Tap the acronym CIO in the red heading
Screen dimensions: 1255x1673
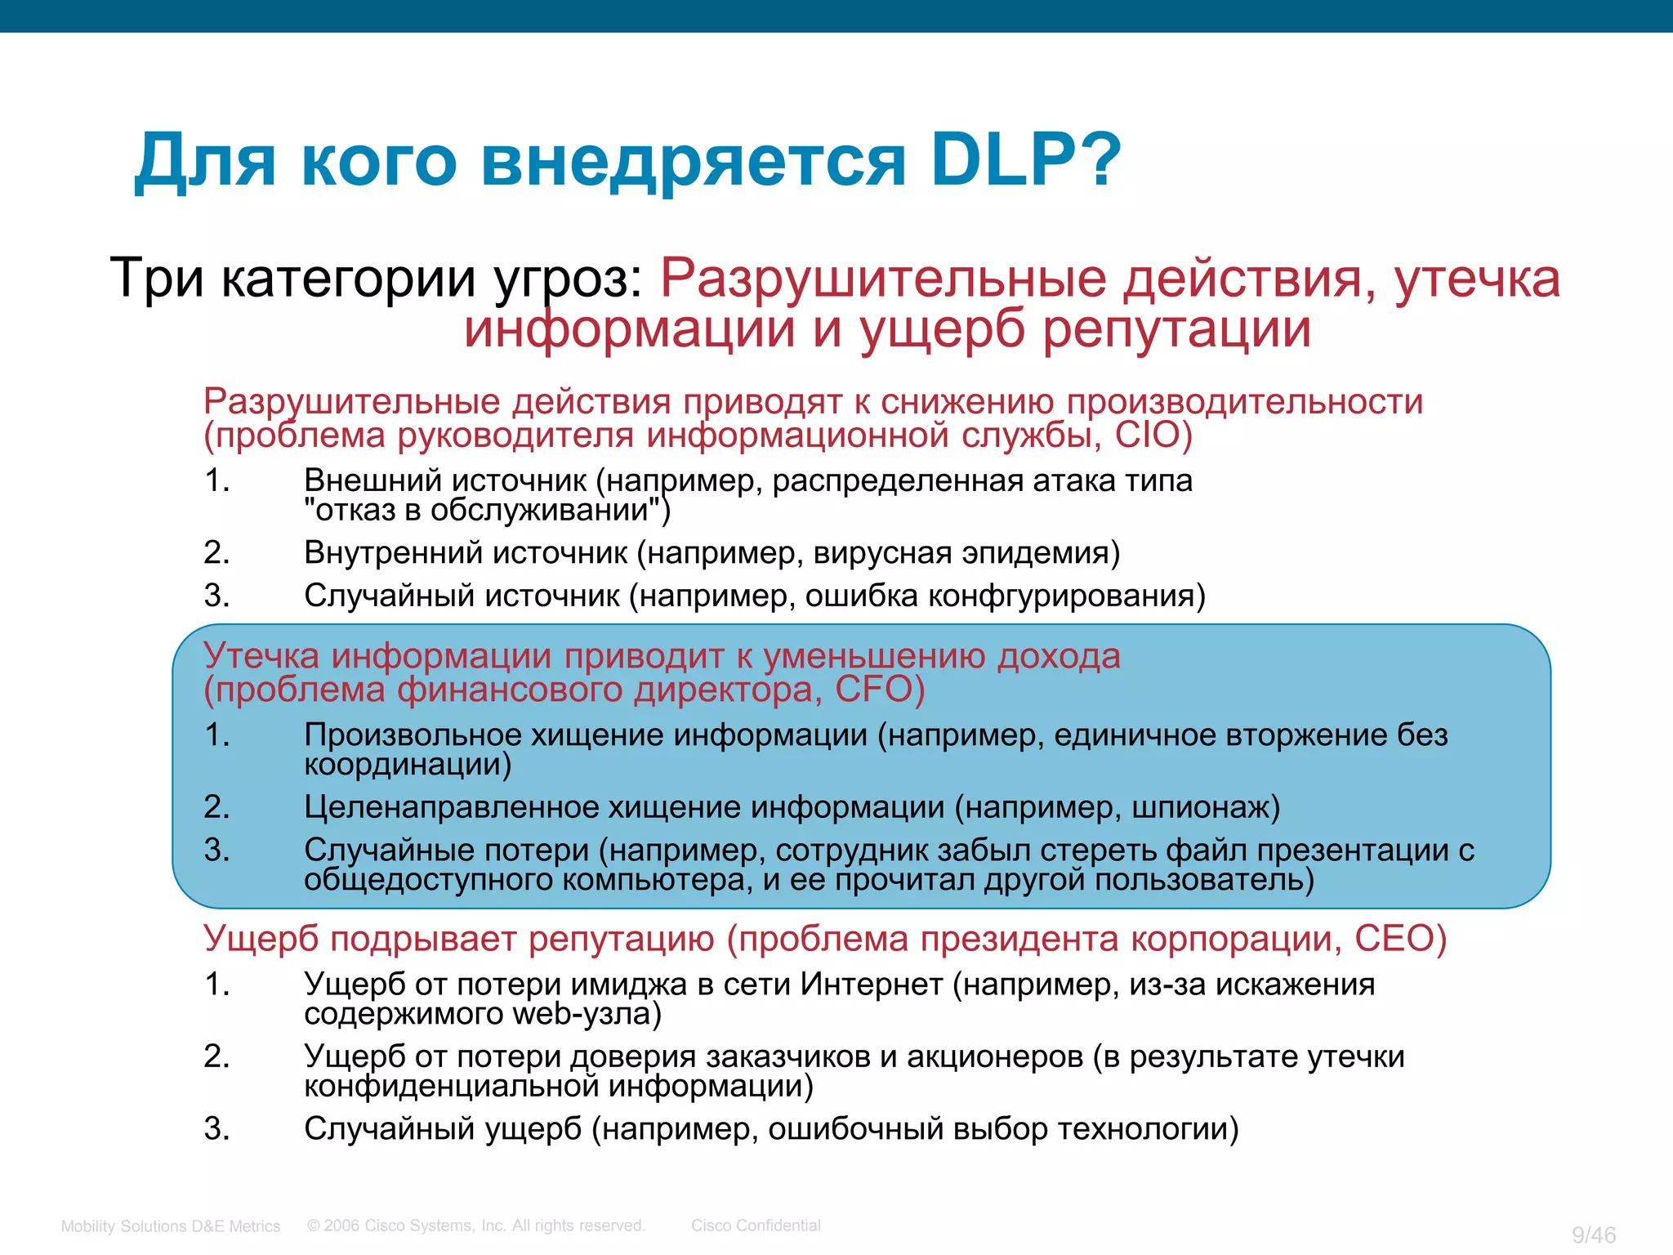(x=1147, y=435)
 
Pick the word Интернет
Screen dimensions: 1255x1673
(x=871, y=985)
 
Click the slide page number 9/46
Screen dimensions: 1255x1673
(x=1594, y=1235)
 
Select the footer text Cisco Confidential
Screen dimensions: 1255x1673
(x=756, y=1226)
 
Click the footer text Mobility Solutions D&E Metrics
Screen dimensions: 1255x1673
(x=171, y=1226)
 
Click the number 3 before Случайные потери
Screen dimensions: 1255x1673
(x=216, y=851)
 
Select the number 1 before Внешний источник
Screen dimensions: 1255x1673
(x=216, y=480)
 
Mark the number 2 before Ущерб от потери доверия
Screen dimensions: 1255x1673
(x=216, y=1056)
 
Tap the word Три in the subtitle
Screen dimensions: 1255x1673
(x=156, y=278)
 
